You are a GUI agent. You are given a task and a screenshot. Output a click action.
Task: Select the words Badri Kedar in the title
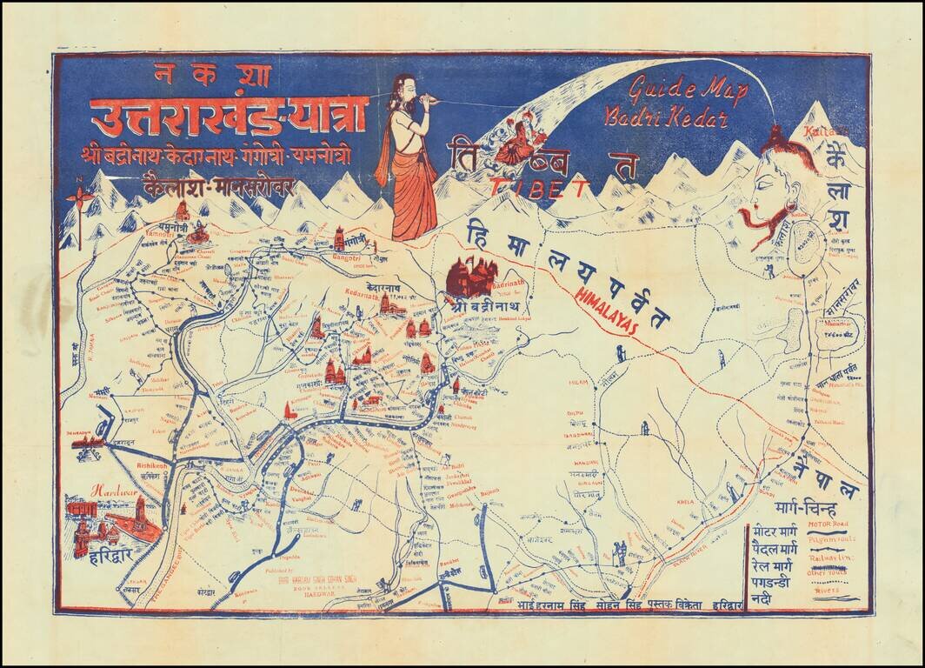[x=667, y=116]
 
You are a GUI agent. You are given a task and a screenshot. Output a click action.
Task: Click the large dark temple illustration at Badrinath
[x=470, y=277]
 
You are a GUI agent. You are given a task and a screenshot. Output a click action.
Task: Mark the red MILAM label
[x=579, y=382]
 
